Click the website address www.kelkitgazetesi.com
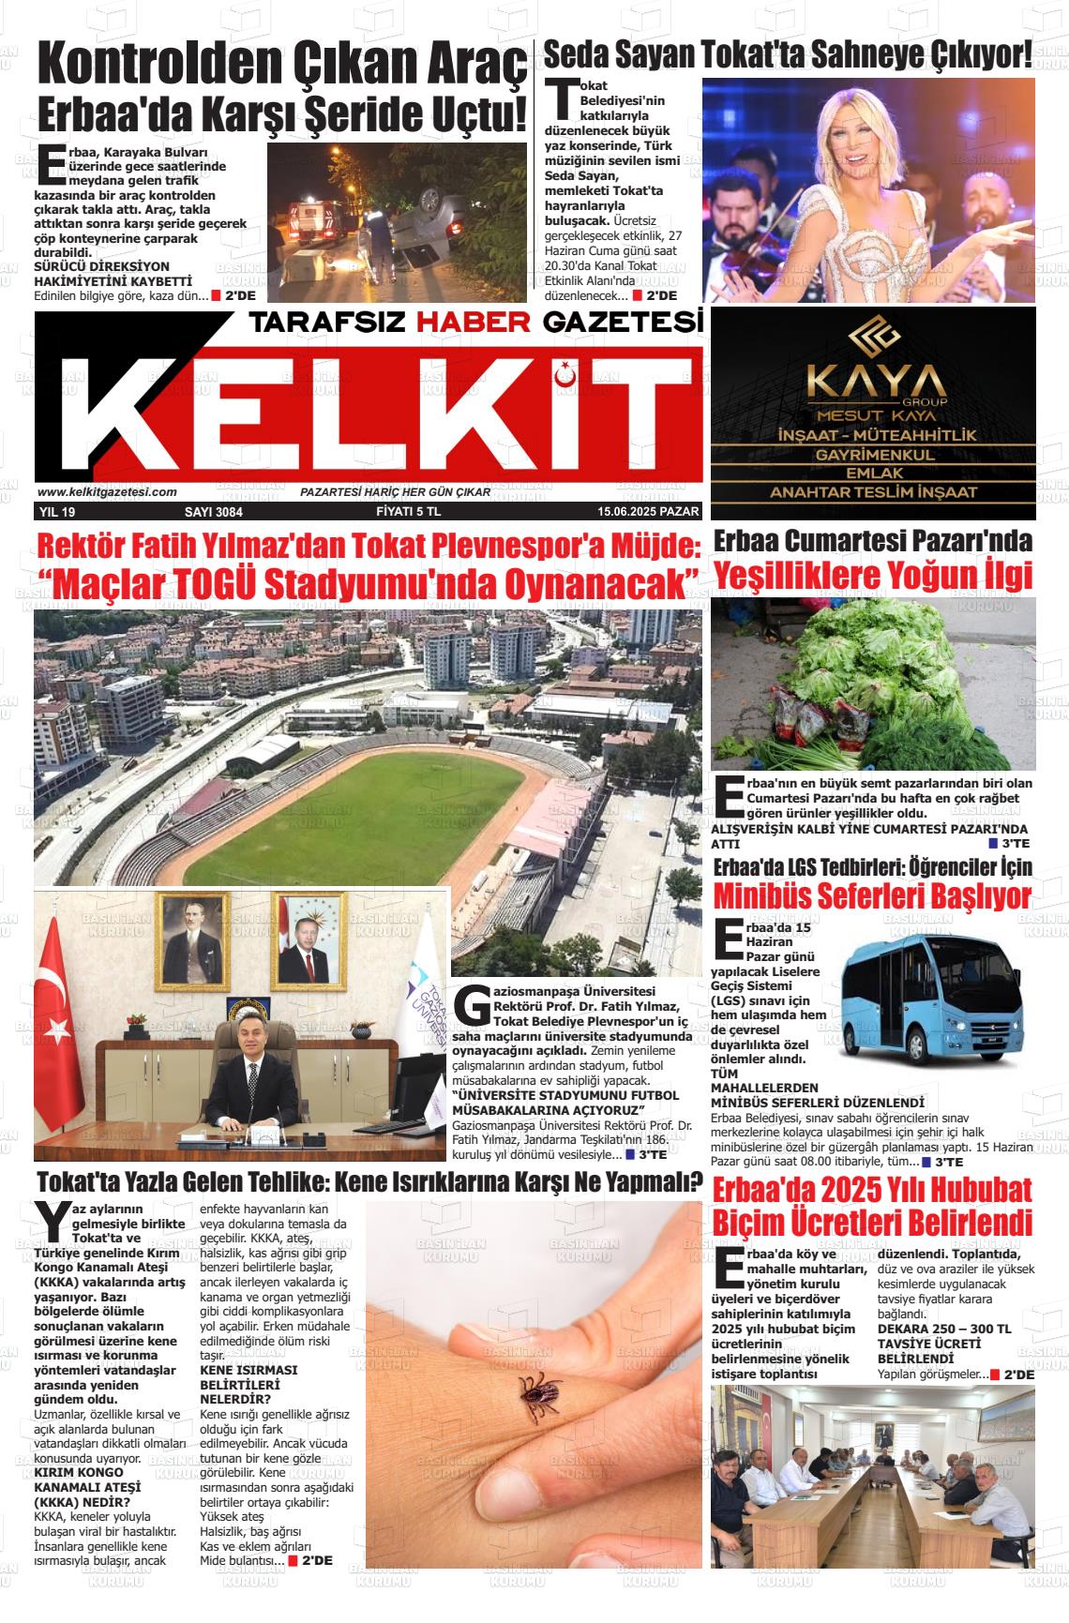(x=107, y=492)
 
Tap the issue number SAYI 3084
(x=214, y=512)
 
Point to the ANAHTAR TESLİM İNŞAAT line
(x=874, y=492)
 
